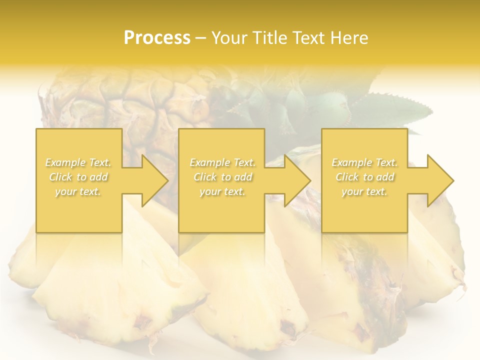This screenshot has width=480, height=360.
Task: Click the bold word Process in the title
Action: [x=157, y=37]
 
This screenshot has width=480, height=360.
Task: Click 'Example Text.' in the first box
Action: [x=78, y=162]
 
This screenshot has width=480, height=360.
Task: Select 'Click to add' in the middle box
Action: [x=222, y=177]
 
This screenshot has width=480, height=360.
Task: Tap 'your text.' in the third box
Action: [x=364, y=191]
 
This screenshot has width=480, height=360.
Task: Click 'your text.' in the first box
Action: [x=78, y=191]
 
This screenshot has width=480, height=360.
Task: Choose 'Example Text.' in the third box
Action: [x=364, y=162]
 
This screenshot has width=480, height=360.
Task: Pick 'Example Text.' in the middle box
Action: [x=222, y=162]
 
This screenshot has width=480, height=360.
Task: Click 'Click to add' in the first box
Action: [x=78, y=177]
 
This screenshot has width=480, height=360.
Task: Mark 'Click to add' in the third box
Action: [x=364, y=177]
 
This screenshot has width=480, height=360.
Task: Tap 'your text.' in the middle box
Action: [x=222, y=191]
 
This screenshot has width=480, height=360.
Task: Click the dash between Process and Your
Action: [x=201, y=38]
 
